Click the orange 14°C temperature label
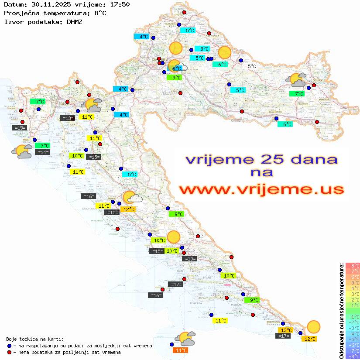[x=181, y=350]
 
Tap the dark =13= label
[x=67, y=118]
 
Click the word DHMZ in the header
[x=74, y=21]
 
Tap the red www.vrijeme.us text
[x=261, y=189]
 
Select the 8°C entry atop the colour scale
[x=353, y=265]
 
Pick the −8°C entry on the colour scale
[x=353, y=356]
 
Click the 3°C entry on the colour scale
[x=353, y=294]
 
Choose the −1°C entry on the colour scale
[x=353, y=316]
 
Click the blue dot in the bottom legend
[x=10, y=346]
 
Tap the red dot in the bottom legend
[x=10, y=352]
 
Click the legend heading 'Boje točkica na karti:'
[x=35, y=339]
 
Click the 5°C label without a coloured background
[x=252, y=66]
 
